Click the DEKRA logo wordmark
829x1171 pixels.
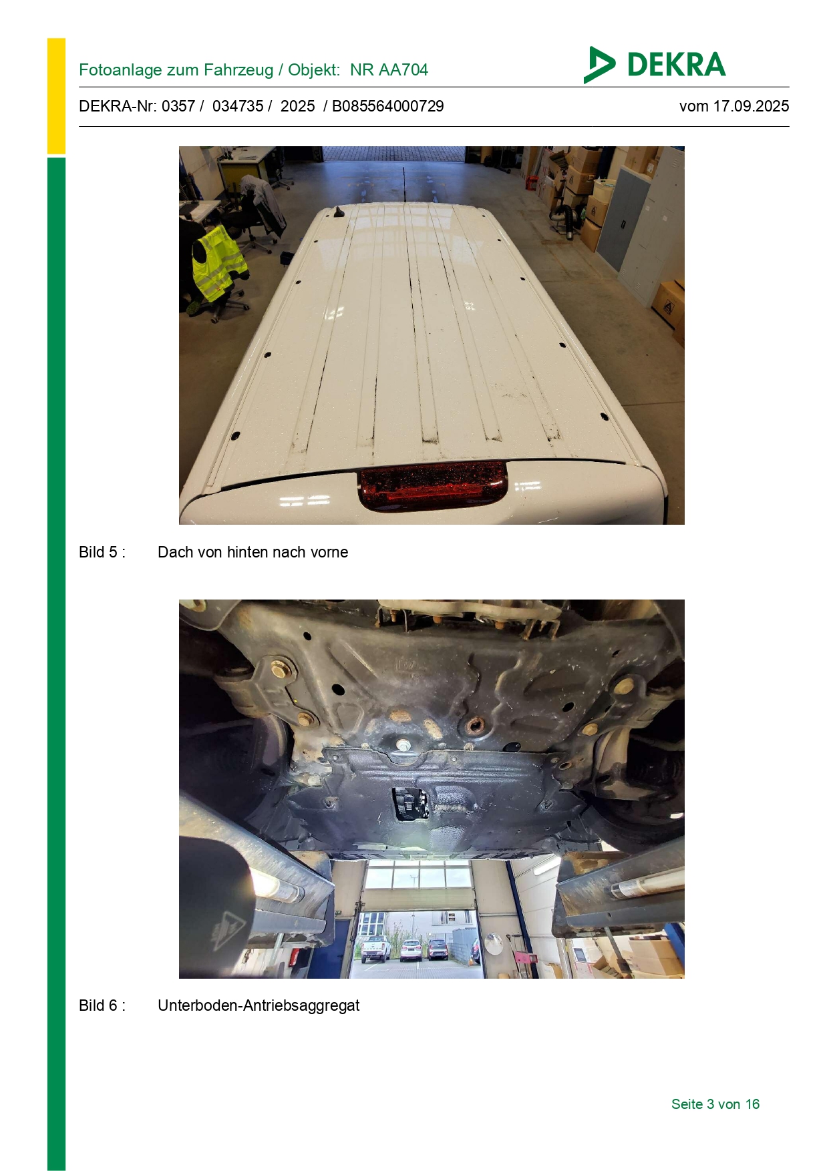tap(676, 65)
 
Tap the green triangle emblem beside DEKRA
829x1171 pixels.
tap(598, 65)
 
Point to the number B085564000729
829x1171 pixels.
tap(388, 106)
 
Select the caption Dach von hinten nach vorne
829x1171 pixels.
tap(253, 552)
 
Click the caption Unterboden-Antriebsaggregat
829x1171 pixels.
tap(259, 1005)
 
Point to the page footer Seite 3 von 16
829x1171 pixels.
tap(715, 1104)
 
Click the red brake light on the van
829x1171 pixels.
tap(433, 485)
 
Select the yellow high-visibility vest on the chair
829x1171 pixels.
tap(217, 262)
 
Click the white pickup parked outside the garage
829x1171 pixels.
tap(375, 948)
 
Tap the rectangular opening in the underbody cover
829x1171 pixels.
tap(410, 804)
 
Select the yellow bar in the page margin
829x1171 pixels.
tap(56, 96)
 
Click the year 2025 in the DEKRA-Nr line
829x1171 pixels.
tap(298, 106)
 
